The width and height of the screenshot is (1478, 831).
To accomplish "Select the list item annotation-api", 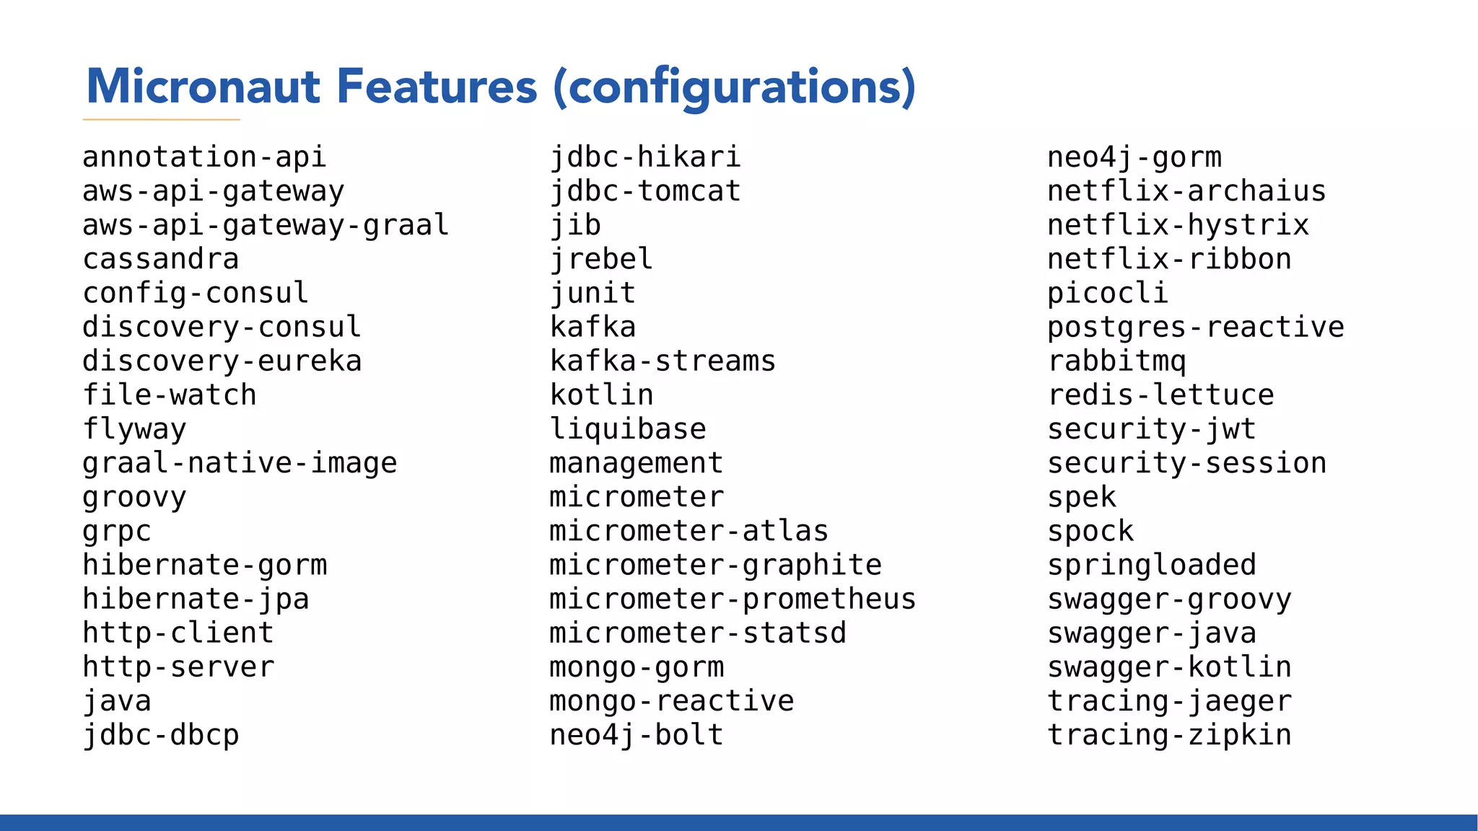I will pos(204,157).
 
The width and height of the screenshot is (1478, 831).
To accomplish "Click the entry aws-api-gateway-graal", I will pos(266,225).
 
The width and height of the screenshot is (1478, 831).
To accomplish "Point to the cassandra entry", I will pos(160,259).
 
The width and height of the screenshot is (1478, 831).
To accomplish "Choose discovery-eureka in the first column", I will pos(222,361).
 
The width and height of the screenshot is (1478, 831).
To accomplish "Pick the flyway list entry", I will pos(134,429).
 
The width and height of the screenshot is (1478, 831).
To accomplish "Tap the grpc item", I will pos(117,532).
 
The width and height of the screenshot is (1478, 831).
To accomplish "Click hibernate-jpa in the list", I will pos(196,599).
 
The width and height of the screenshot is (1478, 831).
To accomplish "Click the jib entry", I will pos(575,225).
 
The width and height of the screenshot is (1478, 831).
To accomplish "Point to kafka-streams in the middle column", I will pos(663,361).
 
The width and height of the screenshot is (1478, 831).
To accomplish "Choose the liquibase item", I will pos(628,429).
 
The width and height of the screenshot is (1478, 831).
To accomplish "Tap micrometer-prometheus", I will pos(733,599).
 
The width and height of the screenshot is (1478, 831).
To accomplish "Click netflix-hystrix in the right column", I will pos(1178,225).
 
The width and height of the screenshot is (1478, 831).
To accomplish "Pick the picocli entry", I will pos(1108,293).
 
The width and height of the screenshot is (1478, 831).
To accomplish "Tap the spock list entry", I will pos(1090,532).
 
